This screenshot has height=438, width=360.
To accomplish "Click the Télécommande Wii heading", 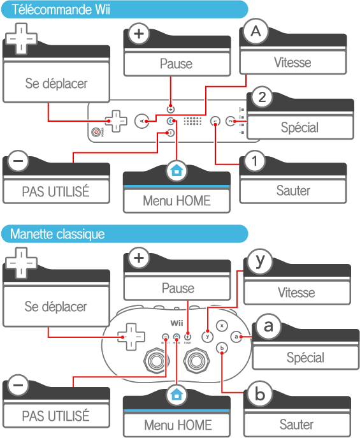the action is [x=61, y=10].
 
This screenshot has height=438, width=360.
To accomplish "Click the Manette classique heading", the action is [x=57, y=234].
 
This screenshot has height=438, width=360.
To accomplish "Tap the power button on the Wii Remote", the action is [x=96, y=132].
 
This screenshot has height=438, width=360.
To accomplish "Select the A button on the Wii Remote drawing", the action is [x=141, y=121].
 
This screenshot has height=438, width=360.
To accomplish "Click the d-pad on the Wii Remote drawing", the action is [x=116, y=121].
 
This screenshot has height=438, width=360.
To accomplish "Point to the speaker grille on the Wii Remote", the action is [x=192, y=121].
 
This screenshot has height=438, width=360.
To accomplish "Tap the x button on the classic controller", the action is [x=222, y=326].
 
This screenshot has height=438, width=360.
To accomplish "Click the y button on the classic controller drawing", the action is [x=207, y=337].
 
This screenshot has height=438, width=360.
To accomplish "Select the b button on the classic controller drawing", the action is [x=222, y=348].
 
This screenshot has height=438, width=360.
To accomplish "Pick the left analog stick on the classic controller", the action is [x=157, y=361].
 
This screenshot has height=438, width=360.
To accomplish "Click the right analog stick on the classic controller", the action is [x=196, y=361].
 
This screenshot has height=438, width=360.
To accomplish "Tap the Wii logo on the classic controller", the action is [x=176, y=323].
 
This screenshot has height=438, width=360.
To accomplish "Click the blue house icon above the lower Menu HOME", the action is [x=176, y=395].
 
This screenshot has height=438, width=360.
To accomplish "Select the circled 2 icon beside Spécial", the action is [x=262, y=97].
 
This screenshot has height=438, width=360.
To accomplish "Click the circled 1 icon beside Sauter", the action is [x=254, y=161].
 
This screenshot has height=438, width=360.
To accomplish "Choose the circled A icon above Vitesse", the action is [x=256, y=31].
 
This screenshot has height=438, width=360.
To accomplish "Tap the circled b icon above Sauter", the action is [x=260, y=394].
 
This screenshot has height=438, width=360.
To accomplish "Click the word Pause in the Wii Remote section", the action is [x=176, y=64].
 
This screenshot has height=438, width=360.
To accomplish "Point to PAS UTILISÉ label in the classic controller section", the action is [x=56, y=416].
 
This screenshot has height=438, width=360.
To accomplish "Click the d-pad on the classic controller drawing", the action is [x=131, y=337].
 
